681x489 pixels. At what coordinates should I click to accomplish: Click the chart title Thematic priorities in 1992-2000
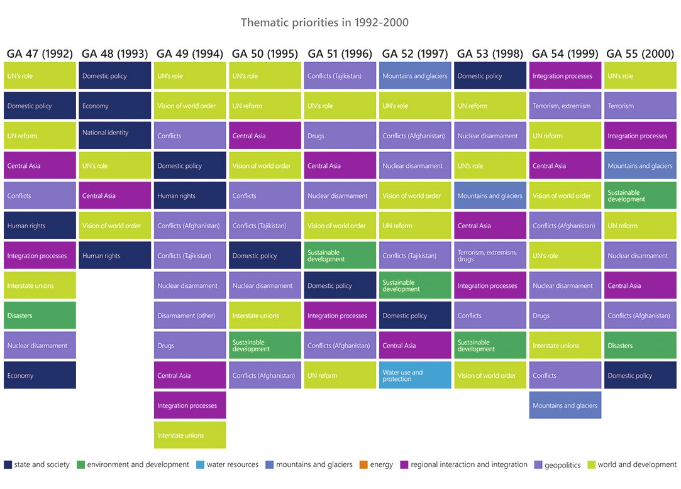pyautogui.click(x=324, y=23)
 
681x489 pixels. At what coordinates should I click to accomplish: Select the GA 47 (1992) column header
pyautogui.click(x=40, y=53)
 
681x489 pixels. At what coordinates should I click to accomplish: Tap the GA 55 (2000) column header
pyautogui.click(x=640, y=53)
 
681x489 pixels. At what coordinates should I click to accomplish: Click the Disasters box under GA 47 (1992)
pyautogui.click(x=40, y=316)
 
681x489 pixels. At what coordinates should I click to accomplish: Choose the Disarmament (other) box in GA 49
pyautogui.click(x=190, y=316)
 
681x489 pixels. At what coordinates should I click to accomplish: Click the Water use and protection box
pyautogui.click(x=415, y=375)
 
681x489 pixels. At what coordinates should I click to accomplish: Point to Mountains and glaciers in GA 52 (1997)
pyautogui.click(x=415, y=76)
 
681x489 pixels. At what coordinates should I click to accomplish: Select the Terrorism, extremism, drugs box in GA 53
pyautogui.click(x=490, y=256)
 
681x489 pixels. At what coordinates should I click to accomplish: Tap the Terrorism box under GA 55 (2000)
pyautogui.click(x=640, y=106)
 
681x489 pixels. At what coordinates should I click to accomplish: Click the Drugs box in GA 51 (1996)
pyautogui.click(x=340, y=136)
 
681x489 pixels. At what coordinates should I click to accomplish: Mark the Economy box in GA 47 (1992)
pyautogui.click(x=40, y=375)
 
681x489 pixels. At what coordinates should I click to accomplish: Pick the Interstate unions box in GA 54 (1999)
pyautogui.click(x=565, y=346)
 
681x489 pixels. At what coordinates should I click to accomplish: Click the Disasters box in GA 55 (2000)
pyautogui.click(x=640, y=346)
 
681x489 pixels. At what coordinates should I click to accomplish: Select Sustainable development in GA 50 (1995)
pyautogui.click(x=265, y=346)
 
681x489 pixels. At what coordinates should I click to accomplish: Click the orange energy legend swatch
pyautogui.click(x=363, y=465)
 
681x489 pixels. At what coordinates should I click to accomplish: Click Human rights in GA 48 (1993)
pyautogui.click(x=115, y=256)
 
